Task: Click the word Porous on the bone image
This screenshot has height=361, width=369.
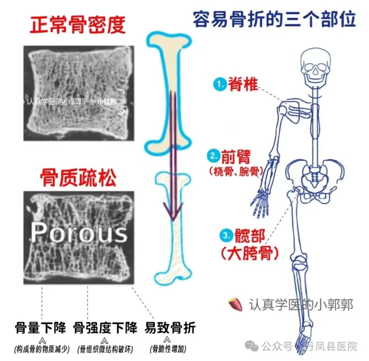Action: (79, 233)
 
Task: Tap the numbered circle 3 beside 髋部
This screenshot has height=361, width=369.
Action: (226, 235)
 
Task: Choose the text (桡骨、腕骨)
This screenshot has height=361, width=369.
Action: (235, 171)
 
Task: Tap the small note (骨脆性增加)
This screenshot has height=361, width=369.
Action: (168, 349)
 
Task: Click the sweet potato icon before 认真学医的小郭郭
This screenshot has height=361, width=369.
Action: (235, 304)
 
